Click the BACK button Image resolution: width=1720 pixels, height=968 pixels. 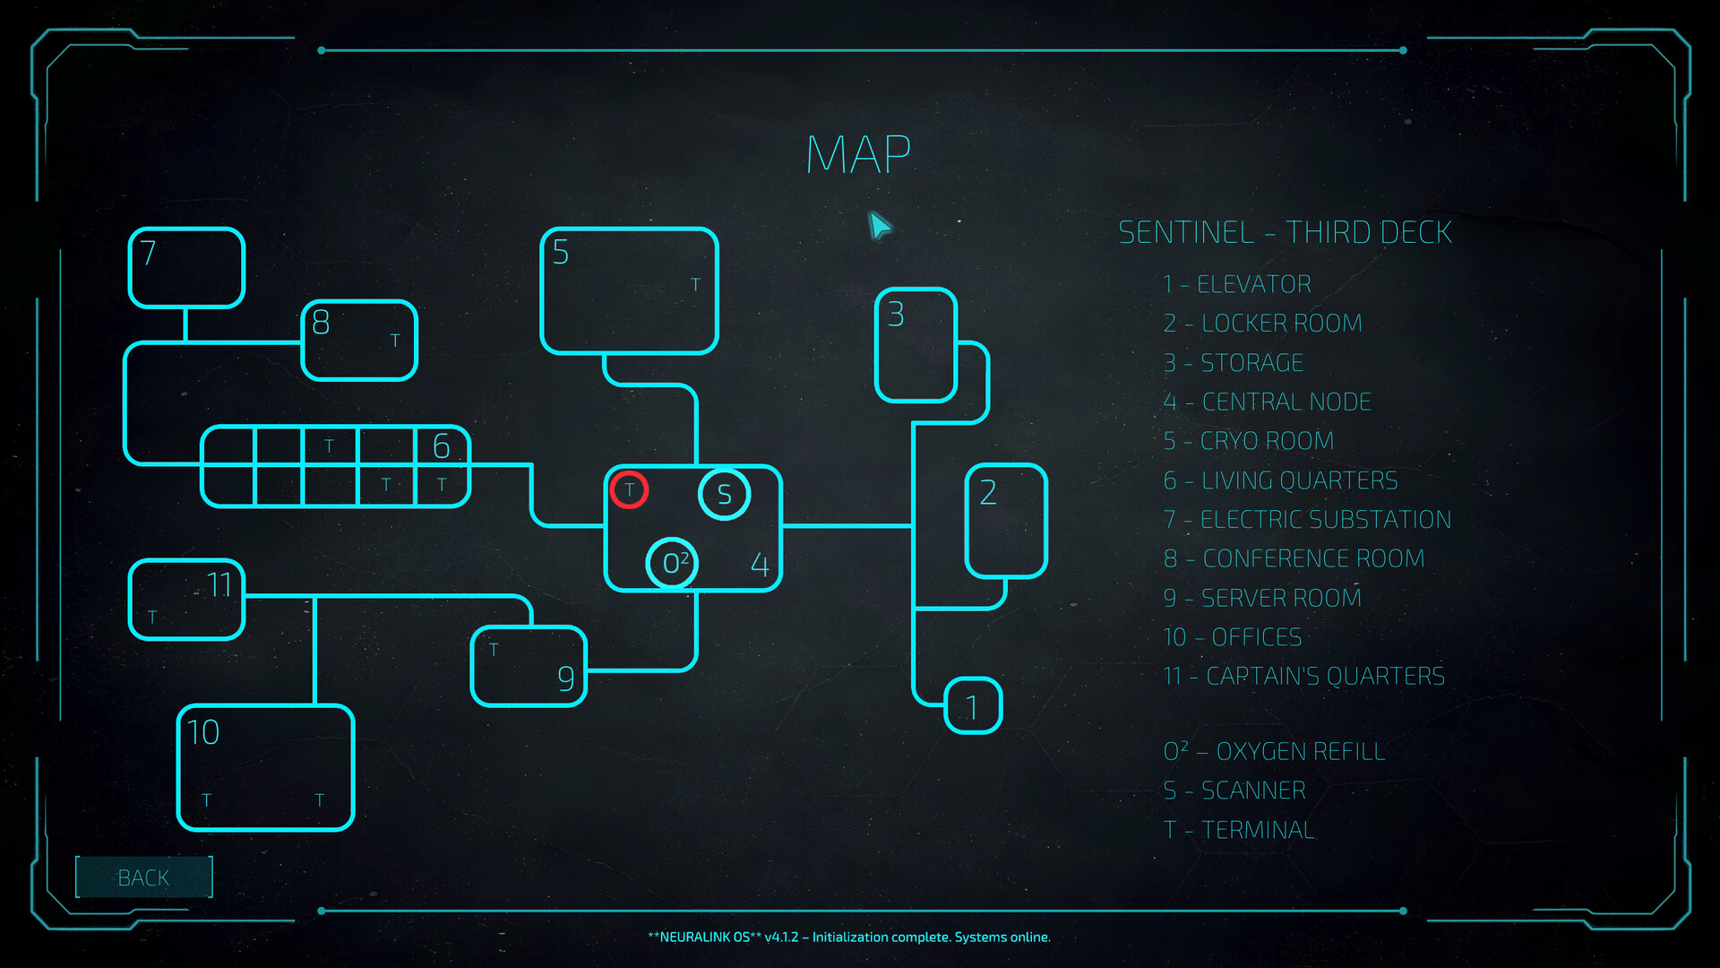click(143, 877)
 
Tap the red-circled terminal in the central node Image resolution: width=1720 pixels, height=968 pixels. click(629, 489)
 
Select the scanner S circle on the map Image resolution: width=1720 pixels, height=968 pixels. click(724, 494)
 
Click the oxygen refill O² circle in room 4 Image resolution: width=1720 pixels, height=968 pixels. click(672, 564)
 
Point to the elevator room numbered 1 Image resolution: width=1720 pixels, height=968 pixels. click(973, 706)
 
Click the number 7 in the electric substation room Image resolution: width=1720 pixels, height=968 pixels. click(149, 254)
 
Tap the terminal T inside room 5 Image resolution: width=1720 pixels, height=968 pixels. click(695, 285)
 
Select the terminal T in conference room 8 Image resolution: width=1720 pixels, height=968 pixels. click(395, 341)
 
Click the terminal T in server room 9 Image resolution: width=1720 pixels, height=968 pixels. click(494, 649)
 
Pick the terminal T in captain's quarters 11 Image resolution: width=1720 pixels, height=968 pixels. click(152, 617)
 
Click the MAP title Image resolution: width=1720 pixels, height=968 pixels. click(858, 155)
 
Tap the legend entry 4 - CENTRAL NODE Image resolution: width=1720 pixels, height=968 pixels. click(1267, 402)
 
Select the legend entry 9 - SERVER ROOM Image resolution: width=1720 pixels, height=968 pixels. click(1262, 598)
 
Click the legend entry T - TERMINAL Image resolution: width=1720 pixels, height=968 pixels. click(1239, 830)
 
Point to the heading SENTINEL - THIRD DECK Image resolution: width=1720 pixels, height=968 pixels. click(1285, 233)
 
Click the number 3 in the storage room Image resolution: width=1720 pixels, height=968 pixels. click(896, 315)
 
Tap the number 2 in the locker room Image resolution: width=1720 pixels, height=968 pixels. click(988, 492)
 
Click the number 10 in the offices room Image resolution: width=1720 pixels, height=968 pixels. click(203, 733)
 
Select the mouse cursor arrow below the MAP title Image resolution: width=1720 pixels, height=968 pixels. click(880, 226)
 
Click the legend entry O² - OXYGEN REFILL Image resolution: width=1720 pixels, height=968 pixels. click(1274, 751)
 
